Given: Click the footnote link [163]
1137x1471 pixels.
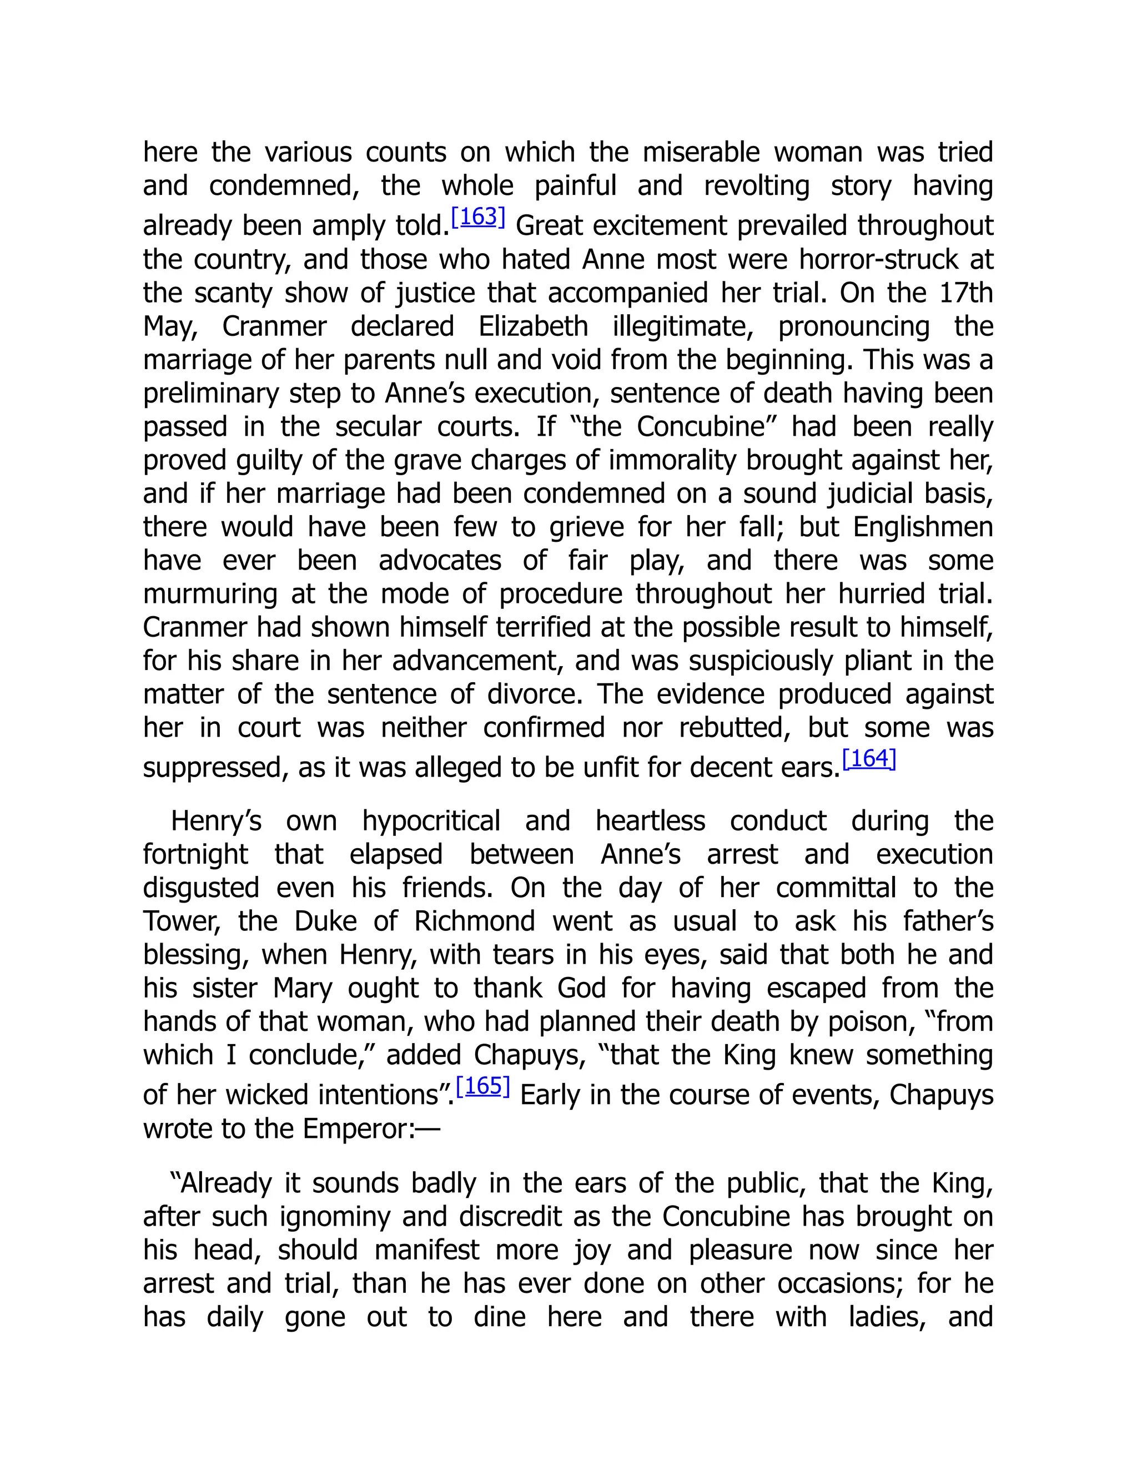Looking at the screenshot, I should [477, 218].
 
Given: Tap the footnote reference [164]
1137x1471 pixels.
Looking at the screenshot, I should [869, 759].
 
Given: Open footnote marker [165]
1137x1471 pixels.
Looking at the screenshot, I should [483, 1086].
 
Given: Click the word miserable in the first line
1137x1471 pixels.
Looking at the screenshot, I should [701, 153].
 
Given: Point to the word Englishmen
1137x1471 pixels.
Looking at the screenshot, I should [923, 527].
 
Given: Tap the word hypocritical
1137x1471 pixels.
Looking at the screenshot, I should [431, 822].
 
